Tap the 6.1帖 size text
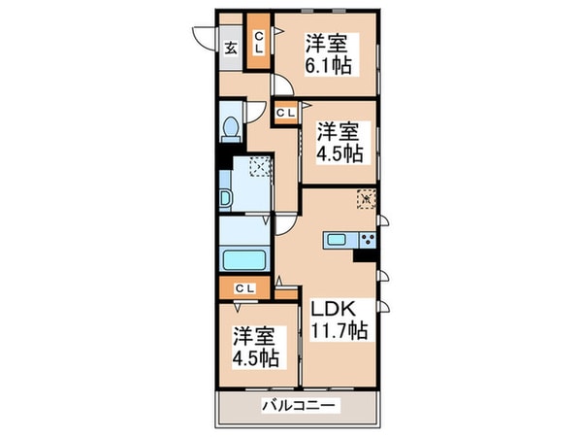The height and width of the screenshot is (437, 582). (x=329, y=66)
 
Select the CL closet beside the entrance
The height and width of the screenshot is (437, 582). (x=259, y=44)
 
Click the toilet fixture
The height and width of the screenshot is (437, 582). (x=230, y=128)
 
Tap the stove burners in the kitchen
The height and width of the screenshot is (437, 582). (x=368, y=240)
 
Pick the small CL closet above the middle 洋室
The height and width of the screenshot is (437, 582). (x=286, y=114)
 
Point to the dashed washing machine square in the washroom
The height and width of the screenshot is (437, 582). (x=261, y=168)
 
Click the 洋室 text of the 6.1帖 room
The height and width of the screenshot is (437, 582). (x=329, y=43)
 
